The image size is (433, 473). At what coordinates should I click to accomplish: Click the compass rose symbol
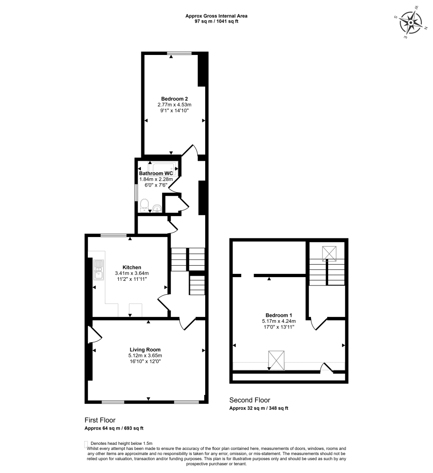click(x=411, y=23)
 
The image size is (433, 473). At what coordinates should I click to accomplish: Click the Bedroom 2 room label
click(x=174, y=98)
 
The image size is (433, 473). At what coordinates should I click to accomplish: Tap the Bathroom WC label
click(x=156, y=173)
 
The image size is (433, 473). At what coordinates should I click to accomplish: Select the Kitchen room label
click(x=132, y=267)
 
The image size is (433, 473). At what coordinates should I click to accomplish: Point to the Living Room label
click(x=145, y=350)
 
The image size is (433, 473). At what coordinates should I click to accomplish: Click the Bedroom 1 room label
click(x=279, y=315)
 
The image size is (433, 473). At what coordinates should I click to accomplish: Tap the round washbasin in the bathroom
click(x=158, y=207)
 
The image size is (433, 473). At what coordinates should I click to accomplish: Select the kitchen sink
click(x=99, y=270)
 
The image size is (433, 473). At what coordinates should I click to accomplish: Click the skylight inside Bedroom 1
click(x=276, y=360)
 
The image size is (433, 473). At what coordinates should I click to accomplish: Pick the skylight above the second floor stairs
click(x=329, y=253)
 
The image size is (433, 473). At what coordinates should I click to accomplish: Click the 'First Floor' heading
click(x=100, y=420)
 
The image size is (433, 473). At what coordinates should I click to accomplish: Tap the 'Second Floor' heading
click(x=250, y=400)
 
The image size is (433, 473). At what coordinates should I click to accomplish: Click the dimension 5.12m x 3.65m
click(x=145, y=356)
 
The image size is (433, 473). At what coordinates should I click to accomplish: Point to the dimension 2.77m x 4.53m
click(x=174, y=105)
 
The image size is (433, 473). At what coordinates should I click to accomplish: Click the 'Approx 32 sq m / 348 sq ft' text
click(x=259, y=408)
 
